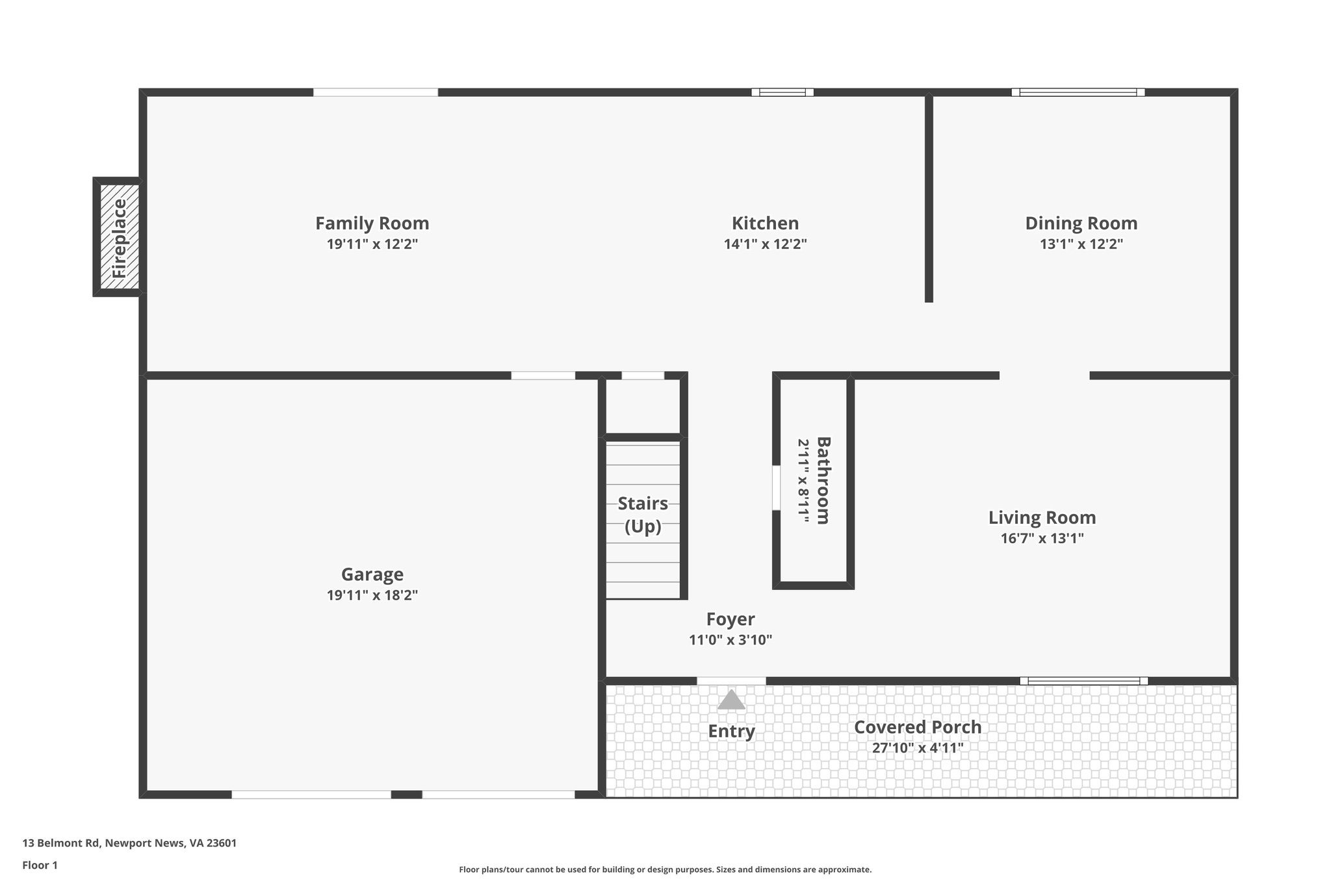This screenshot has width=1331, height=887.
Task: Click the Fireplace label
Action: pos(120,237)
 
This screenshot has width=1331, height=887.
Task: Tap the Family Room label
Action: pos(372,223)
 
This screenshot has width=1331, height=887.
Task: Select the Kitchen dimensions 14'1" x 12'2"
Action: pos(765,244)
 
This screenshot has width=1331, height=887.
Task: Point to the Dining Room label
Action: pos(1081,223)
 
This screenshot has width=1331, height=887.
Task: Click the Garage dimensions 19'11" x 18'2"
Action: pos(372,595)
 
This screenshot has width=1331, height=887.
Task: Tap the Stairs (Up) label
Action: pos(643,514)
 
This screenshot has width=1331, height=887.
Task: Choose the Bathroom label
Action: pos(823,480)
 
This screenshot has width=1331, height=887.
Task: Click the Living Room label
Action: pos(1042,517)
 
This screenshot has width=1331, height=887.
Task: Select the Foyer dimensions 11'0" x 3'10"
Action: pos(730,640)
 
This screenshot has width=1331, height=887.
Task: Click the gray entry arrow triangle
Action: pos(731,701)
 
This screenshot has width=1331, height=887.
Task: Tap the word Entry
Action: pos(731,731)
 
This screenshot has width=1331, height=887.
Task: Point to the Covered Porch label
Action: pos(917,727)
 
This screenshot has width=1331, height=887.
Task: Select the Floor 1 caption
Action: pos(40,866)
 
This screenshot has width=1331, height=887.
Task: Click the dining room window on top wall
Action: pos(1078,92)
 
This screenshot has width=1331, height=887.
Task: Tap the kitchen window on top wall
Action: pos(782,92)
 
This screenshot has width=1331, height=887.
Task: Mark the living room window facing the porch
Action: pos(1083,681)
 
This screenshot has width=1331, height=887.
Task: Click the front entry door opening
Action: pos(731,681)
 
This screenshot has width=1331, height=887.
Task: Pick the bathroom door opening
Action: pos(776,487)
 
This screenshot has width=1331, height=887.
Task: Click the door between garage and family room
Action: pos(543,376)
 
